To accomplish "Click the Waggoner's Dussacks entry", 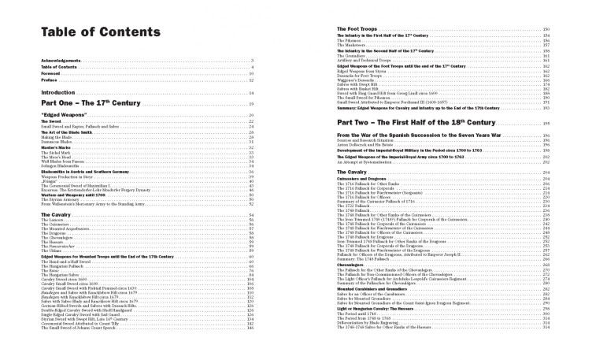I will tap(358, 81).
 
